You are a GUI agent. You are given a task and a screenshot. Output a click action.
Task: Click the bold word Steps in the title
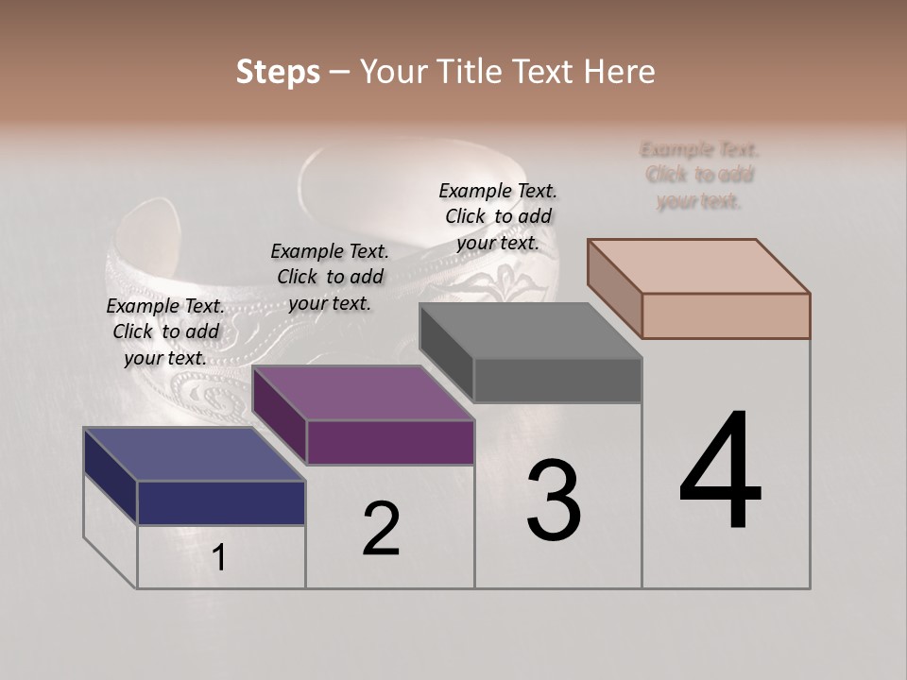pos(278,72)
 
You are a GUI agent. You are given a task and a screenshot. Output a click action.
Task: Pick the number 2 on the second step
pos(381,529)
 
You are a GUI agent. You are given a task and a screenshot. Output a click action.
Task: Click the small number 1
pos(218,558)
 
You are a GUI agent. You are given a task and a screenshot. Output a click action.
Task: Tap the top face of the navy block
pos(194,454)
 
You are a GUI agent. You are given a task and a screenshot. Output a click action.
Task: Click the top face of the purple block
pos(363,393)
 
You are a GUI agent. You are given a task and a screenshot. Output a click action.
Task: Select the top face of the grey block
pos(530,331)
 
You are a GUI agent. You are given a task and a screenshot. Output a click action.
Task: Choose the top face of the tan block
pos(698,266)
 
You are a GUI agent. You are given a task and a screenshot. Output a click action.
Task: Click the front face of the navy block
pos(221,502)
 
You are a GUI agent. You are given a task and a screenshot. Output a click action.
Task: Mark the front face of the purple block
pos(389,442)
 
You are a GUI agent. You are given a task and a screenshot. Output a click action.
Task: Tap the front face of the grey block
pos(557,380)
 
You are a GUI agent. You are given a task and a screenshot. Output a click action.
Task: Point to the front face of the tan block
pos(726,315)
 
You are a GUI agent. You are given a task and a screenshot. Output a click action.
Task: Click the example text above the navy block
pos(165,331)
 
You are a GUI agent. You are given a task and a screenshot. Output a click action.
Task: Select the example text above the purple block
pos(330,277)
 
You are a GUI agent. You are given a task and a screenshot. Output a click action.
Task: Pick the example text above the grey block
pos(498,216)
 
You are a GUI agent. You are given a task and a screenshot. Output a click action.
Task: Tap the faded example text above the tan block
pos(699,175)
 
